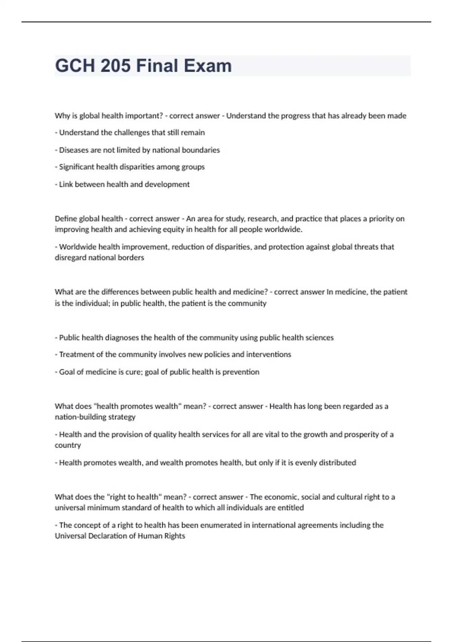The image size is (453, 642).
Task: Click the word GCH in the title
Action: point(75,66)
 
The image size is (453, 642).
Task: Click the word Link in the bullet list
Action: point(66,184)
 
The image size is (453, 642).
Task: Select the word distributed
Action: point(337,463)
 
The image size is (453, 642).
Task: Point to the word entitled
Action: point(291,508)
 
